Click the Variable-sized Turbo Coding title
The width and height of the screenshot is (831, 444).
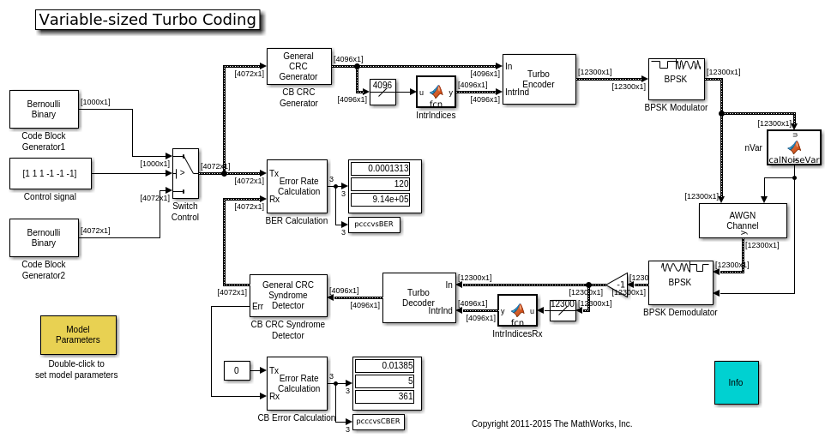(x=148, y=20)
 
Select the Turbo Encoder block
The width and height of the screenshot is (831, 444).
(x=539, y=80)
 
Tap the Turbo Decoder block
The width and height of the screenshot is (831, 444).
(x=419, y=297)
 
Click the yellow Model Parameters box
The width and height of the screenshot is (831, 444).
(x=78, y=334)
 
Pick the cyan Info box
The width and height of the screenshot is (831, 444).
(x=736, y=382)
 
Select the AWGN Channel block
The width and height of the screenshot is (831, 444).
(x=743, y=220)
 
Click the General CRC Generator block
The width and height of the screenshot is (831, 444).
(x=298, y=67)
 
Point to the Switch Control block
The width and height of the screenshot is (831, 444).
(x=185, y=173)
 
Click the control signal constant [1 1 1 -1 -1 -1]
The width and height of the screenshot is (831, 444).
(x=50, y=173)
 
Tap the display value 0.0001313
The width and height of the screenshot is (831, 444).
(x=379, y=169)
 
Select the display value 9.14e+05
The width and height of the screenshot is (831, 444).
(x=379, y=200)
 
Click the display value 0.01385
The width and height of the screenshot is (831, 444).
(x=384, y=366)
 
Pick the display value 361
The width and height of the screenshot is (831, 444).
(x=384, y=397)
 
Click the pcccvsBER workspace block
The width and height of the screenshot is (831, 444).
(x=374, y=225)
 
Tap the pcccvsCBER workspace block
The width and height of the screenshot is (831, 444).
(x=377, y=422)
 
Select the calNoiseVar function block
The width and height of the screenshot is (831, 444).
(x=793, y=147)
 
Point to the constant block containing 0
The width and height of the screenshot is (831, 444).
(x=237, y=370)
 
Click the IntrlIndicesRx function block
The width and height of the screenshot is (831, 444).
(x=517, y=310)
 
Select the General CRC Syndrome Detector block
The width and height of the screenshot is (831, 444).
(x=288, y=296)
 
